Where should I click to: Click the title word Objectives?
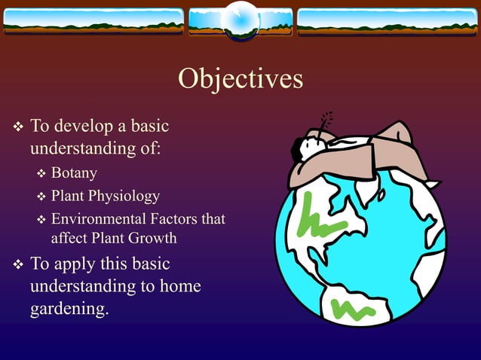coord(240,78)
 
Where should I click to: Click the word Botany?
coord(74,173)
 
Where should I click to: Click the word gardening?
coord(69,310)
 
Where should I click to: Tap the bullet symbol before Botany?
coord(41,174)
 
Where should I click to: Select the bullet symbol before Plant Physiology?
coord(41,197)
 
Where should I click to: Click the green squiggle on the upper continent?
coord(320,218)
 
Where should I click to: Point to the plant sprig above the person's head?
coord(326,122)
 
